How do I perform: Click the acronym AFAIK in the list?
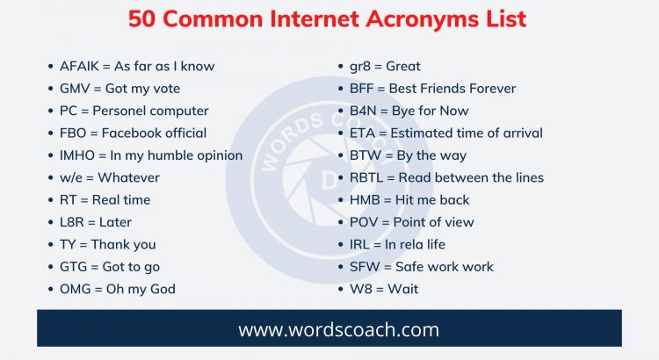[x=80, y=66]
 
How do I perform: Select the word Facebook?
[x=130, y=133]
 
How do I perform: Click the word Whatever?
[x=128, y=177]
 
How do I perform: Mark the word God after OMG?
[x=163, y=289]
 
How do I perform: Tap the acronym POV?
[x=364, y=222]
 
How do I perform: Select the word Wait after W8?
[x=402, y=289]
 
